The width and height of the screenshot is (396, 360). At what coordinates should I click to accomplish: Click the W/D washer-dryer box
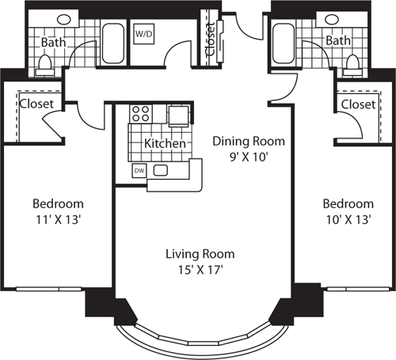pyautogui.click(x=144, y=36)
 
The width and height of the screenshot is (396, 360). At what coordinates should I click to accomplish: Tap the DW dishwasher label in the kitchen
pyautogui.click(x=139, y=170)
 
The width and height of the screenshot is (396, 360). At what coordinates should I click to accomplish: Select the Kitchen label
pyautogui.click(x=165, y=145)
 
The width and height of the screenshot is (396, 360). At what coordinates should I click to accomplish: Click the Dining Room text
pyautogui.click(x=248, y=142)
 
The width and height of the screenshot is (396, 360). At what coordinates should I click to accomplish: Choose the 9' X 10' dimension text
pyautogui.click(x=248, y=156)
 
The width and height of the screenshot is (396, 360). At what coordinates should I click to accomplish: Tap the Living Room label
pyautogui.click(x=200, y=255)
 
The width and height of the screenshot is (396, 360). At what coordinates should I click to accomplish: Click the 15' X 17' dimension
pyautogui.click(x=200, y=269)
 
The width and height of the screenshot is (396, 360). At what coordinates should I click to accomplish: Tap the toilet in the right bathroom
pyautogui.click(x=350, y=63)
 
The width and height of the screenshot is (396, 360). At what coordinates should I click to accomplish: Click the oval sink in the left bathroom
pyautogui.click(x=62, y=19)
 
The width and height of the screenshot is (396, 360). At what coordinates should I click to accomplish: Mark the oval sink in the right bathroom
pyautogui.click(x=330, y=19)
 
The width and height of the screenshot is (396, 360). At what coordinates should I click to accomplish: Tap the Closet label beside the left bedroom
pyautogui.click(x=36, y=104)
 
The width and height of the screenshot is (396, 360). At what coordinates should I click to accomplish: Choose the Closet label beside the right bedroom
pyautogui.click(x=358, y=104)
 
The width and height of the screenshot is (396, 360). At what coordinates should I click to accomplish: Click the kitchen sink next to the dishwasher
pyautogui.click(x=162, y=170)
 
